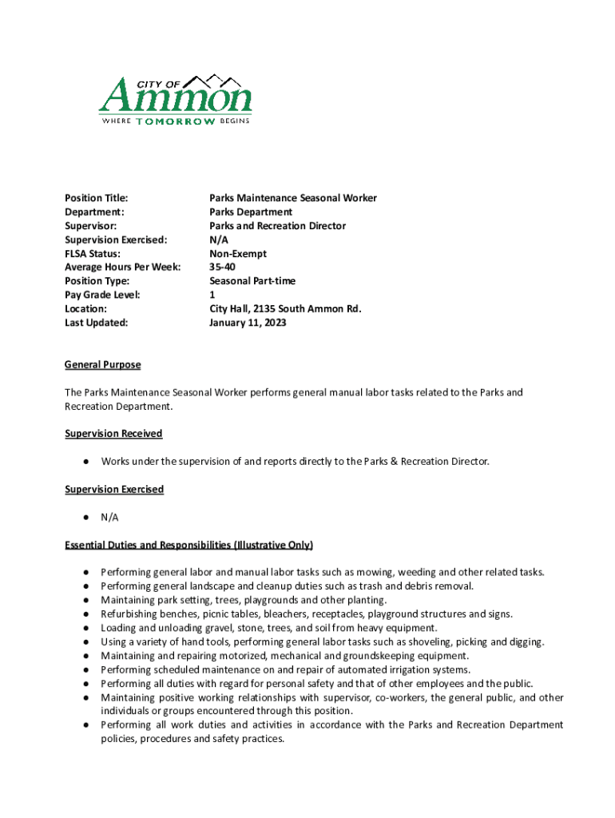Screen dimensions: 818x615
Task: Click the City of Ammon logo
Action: [175, 100]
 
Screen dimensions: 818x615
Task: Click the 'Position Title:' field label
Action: [97, 198]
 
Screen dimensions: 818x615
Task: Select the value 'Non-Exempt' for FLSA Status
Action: [238, 254]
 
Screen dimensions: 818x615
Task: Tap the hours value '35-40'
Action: [222, 268]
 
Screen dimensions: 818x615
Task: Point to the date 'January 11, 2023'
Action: [248, 324]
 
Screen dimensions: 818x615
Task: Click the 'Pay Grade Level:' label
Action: [102, 296]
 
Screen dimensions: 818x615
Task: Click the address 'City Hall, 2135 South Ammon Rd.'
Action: [285, 309]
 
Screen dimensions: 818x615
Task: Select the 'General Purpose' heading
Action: [102, 365]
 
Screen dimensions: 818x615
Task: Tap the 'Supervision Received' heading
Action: [113, 434]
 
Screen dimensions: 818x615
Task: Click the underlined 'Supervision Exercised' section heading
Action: [114, 489]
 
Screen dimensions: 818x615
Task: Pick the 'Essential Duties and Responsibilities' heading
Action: [188, 545]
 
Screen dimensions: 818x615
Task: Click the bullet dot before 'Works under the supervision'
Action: [84, 462]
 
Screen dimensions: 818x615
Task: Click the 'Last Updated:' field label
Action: [96, 324]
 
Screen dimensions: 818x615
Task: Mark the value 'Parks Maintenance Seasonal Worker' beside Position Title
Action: [293, 198]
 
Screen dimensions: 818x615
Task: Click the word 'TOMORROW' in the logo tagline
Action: [175, 121]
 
